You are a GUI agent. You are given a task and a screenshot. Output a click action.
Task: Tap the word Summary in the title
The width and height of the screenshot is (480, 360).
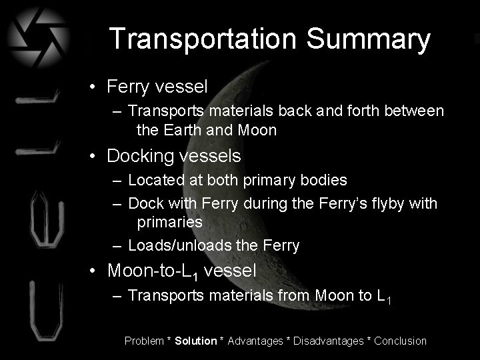point(369,40)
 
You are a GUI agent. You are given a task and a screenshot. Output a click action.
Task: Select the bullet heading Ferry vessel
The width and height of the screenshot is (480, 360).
point(157,86)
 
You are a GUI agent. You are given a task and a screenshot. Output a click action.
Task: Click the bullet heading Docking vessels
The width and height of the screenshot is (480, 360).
point(174,155)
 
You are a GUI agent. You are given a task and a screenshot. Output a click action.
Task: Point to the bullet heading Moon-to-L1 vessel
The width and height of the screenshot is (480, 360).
point(181,271)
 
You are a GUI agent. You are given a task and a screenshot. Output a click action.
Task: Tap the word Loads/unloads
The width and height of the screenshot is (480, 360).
point(178,245)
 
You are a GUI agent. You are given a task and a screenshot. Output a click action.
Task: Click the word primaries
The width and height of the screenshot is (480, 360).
point(169,221)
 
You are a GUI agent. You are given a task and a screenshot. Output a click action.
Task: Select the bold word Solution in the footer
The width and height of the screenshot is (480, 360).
point(196,341)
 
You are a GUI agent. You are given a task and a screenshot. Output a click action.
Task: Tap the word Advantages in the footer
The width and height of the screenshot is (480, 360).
point(255,341)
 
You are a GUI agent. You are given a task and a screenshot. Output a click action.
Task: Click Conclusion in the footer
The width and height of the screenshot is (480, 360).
point(400,341)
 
